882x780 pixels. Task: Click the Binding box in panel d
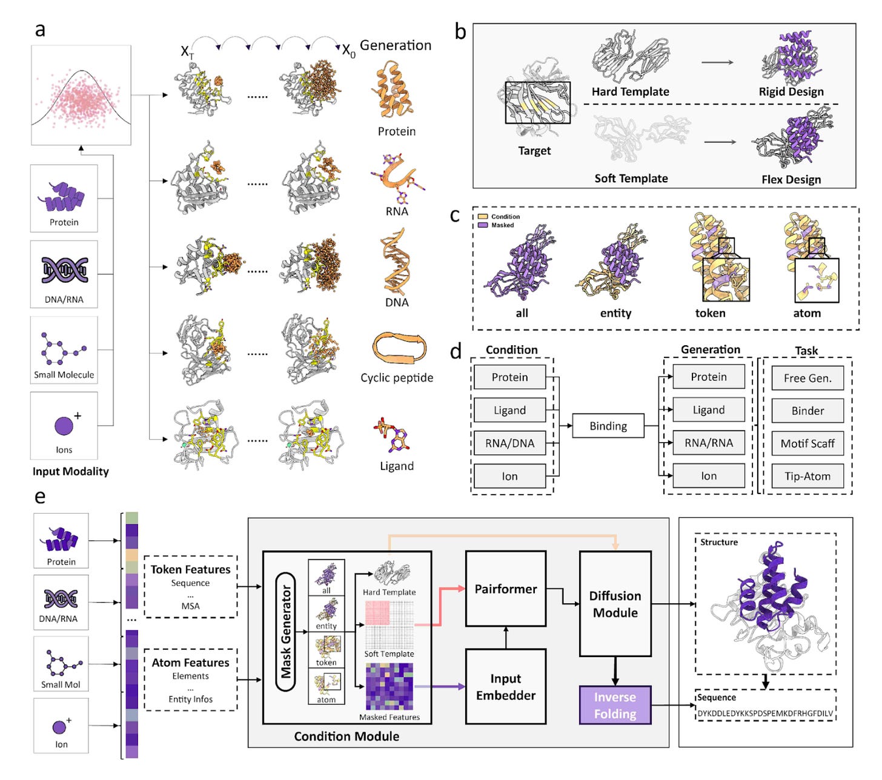coord(608,426)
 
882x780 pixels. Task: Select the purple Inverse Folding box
coord(615,706)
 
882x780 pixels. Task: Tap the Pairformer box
coord(506,589)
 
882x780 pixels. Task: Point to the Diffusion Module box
coord(615,604)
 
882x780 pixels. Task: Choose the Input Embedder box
coord(506,687)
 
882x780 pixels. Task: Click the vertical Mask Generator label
coord(286,632)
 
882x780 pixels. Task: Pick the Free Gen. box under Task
coord(807,378)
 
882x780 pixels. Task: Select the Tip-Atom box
coord(807,476)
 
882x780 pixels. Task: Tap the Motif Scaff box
coord(807,443)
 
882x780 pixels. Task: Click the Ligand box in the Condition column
coord(509,411)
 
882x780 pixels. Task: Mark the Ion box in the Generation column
coord(709,476)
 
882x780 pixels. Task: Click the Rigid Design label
coord(791,92)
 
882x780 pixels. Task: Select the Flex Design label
coord(791,179)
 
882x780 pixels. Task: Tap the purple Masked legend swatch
coord(483,225)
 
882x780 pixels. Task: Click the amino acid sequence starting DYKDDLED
coord(765,713)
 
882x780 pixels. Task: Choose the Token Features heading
coord(190,569)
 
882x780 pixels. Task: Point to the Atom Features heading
coord(190,663)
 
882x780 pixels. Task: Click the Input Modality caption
coord(71,471)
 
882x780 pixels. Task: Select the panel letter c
coord(455,216)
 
